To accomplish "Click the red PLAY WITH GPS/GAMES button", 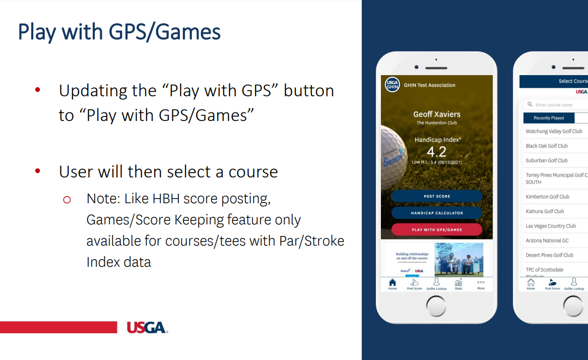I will click(436, 230).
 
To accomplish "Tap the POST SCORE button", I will click(436, 196).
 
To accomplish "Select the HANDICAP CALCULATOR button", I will click(436, 213).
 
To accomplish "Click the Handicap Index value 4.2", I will click(436, 152).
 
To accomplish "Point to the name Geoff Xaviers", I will click(437, 114).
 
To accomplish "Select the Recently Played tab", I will click(549, 118).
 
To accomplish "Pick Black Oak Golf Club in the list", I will click(547, 146).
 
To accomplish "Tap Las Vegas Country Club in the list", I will click(551, 226).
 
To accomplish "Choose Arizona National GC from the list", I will click(547, 241).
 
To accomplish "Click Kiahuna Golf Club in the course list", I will click(545, 211).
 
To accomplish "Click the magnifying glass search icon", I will click(530, 104).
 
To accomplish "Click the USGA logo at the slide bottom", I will click(147, 328).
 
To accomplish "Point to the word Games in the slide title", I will click(187, 32).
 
